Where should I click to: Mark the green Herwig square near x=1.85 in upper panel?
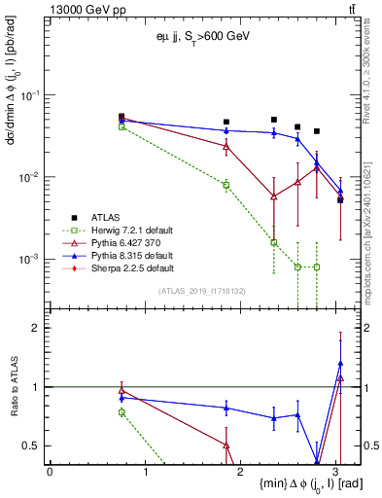point(226,185)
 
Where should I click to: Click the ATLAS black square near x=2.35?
point(274,120)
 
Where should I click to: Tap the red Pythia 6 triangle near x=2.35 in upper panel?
point(274,196)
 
